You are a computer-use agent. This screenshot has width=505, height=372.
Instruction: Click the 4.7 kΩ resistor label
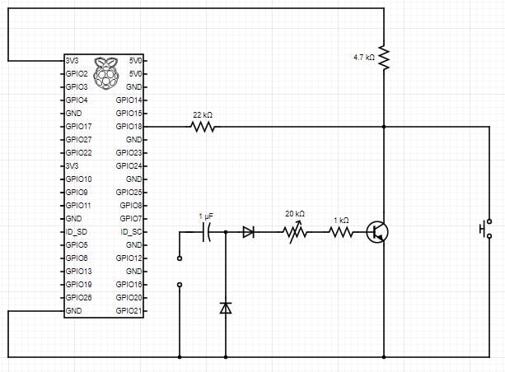[x=363, y=58]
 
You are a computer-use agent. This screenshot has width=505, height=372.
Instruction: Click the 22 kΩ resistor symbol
[x=203, y=127]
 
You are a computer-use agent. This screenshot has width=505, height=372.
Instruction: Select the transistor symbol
[x=377, y=233]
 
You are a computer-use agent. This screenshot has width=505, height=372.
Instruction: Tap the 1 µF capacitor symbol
[x=207, y=233]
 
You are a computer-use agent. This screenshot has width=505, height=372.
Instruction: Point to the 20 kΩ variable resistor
[x=295, y=233]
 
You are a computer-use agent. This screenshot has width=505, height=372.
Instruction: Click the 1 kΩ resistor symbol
[x=341, y=233]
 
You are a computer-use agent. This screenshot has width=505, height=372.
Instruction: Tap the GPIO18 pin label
[x=130, y=127]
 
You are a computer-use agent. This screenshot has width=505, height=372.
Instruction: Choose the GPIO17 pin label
[x=79, y=127]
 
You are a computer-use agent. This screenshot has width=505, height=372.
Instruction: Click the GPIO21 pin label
[x=130, y=311]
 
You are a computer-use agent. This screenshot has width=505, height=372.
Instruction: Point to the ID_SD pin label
[x=77, y=232]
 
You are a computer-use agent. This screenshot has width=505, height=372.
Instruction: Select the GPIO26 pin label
[x=79, y=298]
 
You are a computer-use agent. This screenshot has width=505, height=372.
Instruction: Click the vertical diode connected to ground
[x=226, y=307]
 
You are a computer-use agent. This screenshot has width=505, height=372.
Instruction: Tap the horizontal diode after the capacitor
[x=248, y=233]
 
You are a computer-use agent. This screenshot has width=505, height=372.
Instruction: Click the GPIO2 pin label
[x=77, y=74]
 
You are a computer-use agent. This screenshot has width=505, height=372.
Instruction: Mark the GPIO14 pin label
[x=130, y=100]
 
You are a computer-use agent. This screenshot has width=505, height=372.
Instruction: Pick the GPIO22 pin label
[x=79, y=153]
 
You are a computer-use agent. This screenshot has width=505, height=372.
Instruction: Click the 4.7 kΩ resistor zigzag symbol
[x=384, y=58]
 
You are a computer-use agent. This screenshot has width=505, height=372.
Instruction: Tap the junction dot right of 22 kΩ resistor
[x=384, y=127]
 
